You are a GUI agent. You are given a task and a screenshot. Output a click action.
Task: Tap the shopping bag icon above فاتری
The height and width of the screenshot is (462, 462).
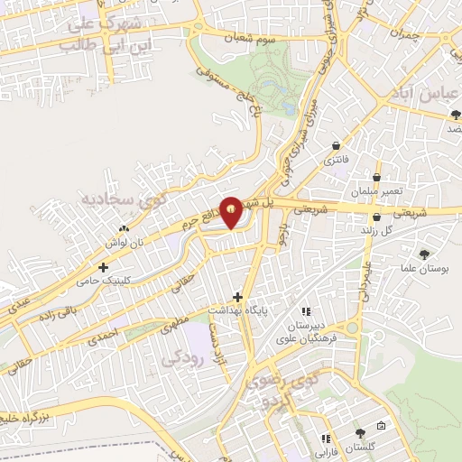(337, 145)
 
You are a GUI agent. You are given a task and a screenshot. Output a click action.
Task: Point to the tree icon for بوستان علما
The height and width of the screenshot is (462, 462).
(424, 255)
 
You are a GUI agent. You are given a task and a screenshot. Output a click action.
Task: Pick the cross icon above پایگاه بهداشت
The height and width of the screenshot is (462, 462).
(238, 296)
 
